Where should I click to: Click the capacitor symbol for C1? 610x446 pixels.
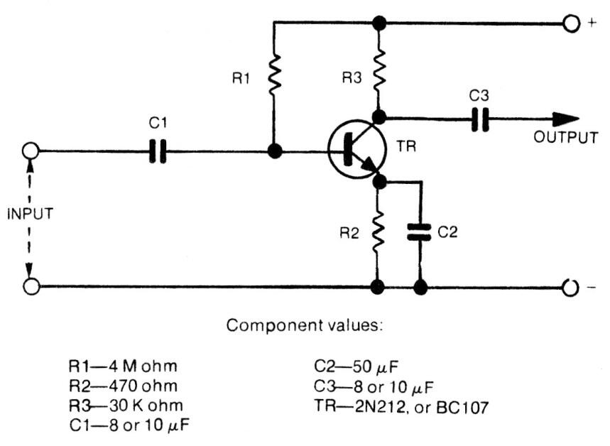click(158, 151)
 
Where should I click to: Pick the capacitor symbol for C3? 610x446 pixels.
click(481, 120)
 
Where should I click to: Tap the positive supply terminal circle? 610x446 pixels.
click(572, 23)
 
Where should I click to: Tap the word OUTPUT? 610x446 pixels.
click(565, 138)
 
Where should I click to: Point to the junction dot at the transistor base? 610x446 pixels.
click(273, 151)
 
